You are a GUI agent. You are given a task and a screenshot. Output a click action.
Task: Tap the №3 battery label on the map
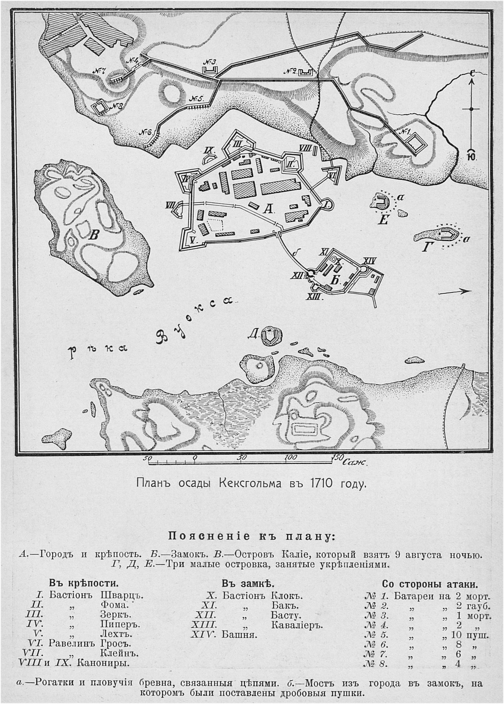210,62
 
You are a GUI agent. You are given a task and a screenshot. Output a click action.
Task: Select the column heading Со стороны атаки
429,584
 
